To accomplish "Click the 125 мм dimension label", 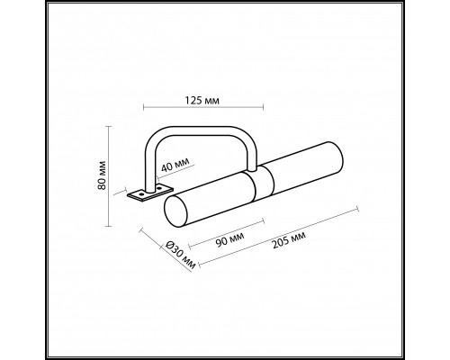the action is click(202, 100).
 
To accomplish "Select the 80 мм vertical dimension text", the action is click(103, 175).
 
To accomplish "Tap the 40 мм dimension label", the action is click(175, 165).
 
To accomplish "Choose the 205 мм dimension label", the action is click(289, 240).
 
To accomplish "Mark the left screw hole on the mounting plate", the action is click(140, 194).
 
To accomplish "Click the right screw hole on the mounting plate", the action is click(159, 188).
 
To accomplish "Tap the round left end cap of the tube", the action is click(176, 211).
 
